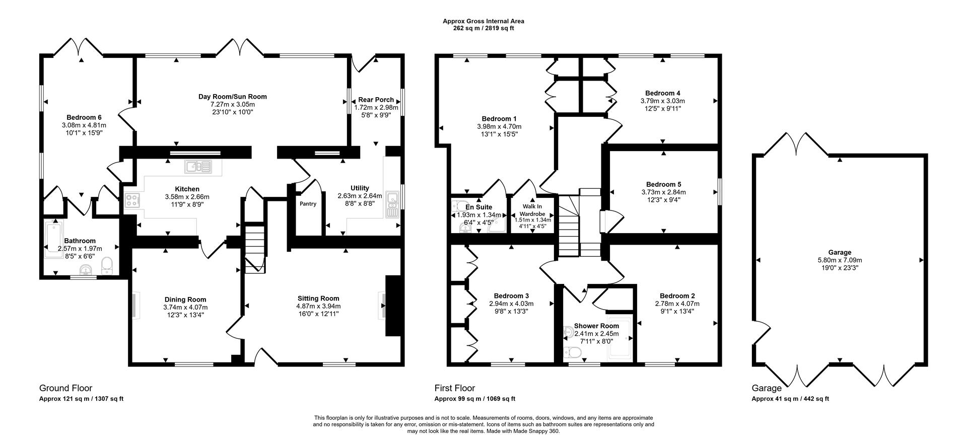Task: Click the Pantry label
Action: click(x=308, y=204)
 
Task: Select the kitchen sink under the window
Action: click(x=199, y=167)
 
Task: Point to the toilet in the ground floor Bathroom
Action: click(x=107, y=265)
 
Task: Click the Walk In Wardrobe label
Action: click(x=532, y=210)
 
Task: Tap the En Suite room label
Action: click(x=478, y=207)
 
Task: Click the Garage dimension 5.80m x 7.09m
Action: click(x=840, y=260)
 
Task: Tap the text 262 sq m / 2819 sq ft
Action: click(x=483, y=28)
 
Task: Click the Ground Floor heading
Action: click(x=65, y=388)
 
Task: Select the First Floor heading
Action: click(x=454, y=388)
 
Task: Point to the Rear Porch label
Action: click(x=376, y=100)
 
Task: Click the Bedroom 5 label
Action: click(x=663, y=184)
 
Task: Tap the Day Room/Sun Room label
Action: click(x=232, y=97)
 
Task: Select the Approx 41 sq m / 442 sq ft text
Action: click(x=790, y=399)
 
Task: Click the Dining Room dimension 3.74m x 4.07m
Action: click(x=185, y=307)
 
